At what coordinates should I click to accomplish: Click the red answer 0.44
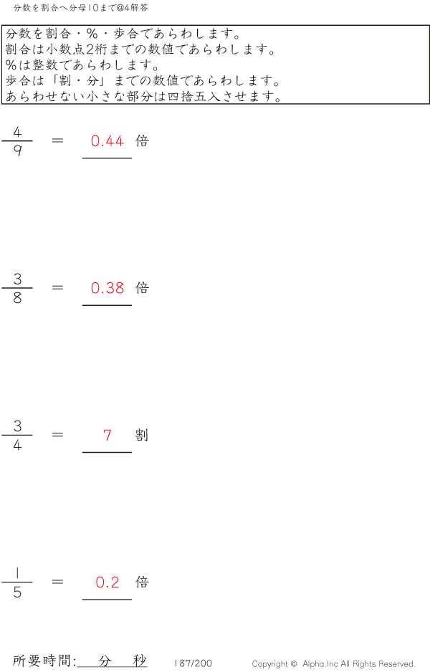click(x=107, y=141)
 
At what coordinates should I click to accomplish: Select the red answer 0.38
click(x=107, y=288)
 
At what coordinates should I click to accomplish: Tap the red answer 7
click(x=107, y=435)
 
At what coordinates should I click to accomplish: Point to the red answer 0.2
click(x=107, y=582)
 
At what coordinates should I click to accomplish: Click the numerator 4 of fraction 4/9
click(x=17, y=132)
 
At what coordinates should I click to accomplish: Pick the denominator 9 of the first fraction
click(x=17, y=150)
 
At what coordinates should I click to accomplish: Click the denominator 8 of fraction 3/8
click(x=17, y=297)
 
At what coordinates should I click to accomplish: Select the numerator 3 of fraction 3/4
click(x=17, y=426)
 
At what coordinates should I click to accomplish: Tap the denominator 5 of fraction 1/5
click(x=17, y=592)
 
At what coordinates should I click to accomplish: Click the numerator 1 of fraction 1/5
click(x=17, y=572)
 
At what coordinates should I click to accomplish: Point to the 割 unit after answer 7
click(x=142, y=435)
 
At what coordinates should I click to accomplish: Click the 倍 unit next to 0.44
click(x=142, y=141)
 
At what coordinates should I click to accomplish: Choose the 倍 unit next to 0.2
click(x=142, y=582)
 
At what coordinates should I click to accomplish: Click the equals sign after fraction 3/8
click(x=57, y=287)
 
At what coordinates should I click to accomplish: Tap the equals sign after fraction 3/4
click(x=57, y=435)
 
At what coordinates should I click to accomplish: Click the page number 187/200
click(x=193, y=663)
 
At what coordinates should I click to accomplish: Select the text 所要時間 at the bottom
click(x=42, y=661)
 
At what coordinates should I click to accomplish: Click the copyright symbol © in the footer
click(x=293, y=664)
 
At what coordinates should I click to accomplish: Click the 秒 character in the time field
click(x=140, y=661)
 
